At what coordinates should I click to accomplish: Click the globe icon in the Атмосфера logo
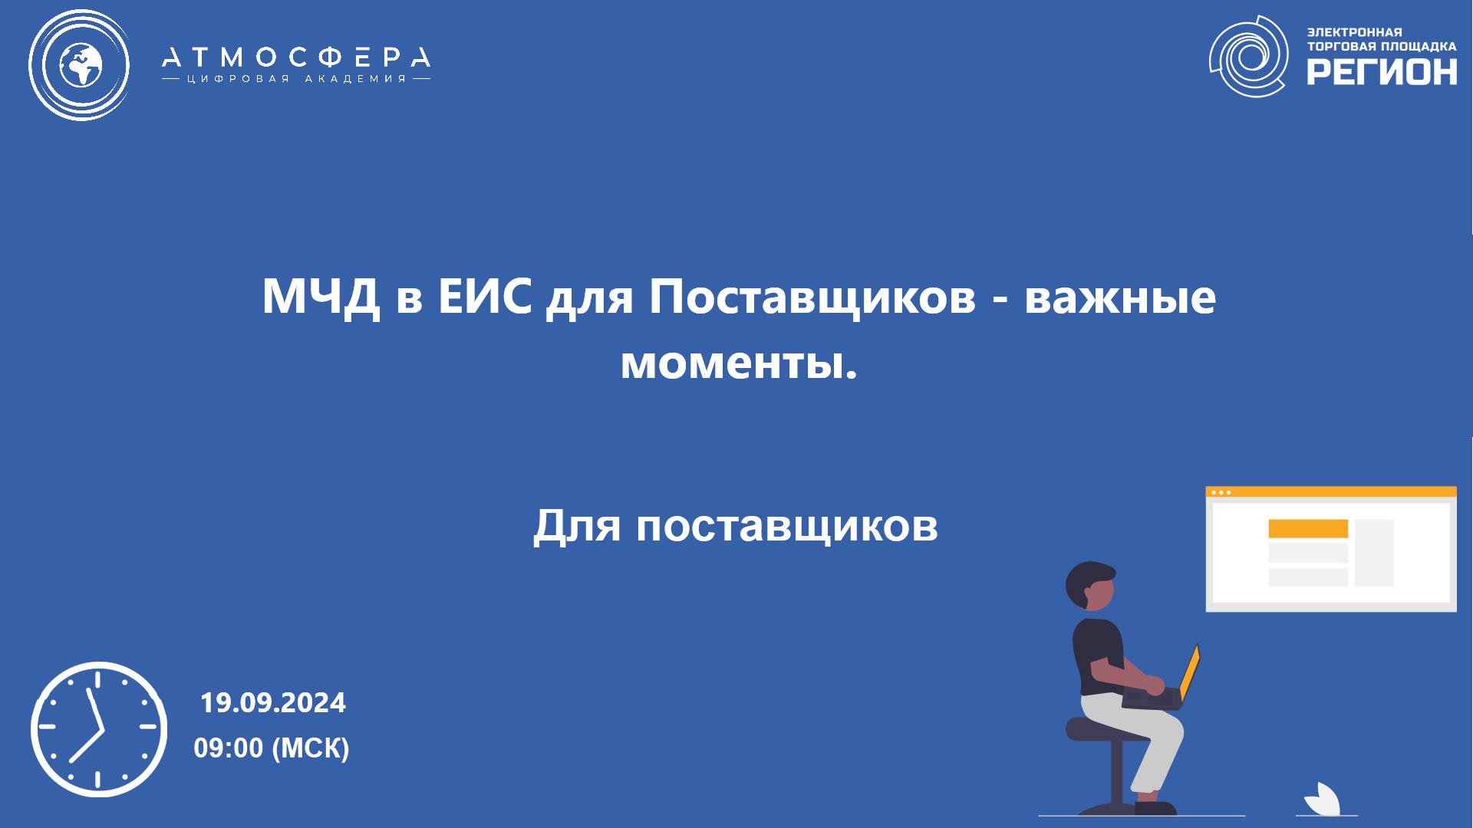[79, 64]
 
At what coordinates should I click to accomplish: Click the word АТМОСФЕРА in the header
[296, 58]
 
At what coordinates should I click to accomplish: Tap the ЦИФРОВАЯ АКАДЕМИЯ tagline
[296, 79]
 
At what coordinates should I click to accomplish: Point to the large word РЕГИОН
[1382, 72]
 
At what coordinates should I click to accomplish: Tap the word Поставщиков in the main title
[812, 297]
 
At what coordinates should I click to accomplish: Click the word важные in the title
[1120, 297]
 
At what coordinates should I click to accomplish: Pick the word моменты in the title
[737, 362]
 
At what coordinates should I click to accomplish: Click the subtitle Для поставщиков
[735, 526]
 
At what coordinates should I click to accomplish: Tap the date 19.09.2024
[273, 703]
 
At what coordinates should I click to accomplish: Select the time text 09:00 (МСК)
[272, 747]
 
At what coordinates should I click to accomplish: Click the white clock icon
[99, 729]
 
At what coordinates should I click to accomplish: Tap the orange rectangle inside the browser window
[1308, 528]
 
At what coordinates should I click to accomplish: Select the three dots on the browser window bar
[1220, 493]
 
